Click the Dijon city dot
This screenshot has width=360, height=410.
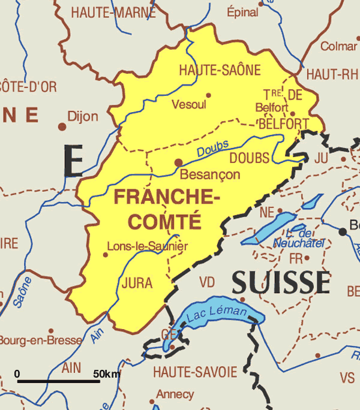[62, 126]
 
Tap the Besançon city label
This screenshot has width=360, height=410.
[210, 175]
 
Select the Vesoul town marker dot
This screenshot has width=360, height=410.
[209, 95]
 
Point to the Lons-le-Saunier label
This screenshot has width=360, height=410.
[147, 246]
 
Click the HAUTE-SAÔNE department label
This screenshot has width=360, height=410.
[220, 71]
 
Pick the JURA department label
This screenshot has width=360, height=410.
[137, 283]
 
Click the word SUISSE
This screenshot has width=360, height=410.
[281, 282]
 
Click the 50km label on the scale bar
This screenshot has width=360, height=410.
[106, 374]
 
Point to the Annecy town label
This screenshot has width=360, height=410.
[175, 394]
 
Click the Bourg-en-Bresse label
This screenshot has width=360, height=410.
[40, 340]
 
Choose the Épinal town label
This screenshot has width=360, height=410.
[243, 11]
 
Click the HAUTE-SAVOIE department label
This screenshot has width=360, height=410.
[194, 372]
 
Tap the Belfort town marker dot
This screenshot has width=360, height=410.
[293, 113]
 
